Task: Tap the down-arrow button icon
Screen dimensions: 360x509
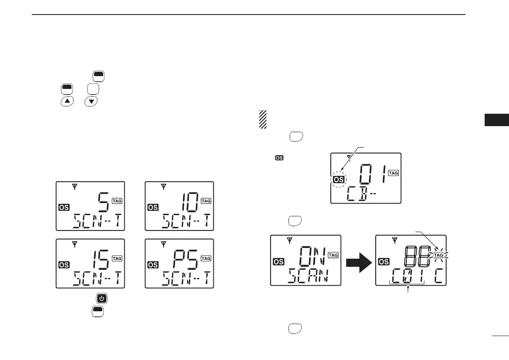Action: pos(91,101)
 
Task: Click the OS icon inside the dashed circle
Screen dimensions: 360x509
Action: pos(340,180)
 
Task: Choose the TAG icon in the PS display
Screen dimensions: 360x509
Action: pos(206,258)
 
